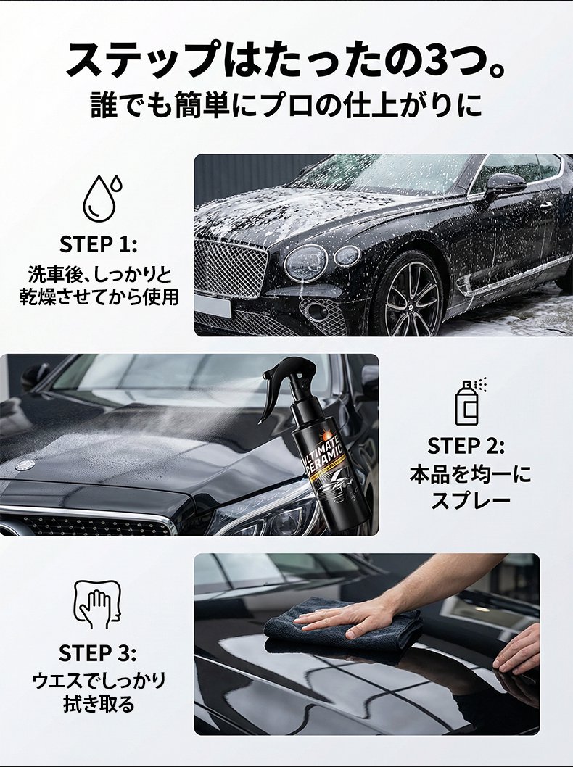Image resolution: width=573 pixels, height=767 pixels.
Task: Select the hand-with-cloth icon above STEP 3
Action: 97,605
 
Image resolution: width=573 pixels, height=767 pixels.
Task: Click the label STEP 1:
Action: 98,244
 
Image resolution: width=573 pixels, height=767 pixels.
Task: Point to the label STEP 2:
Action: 466,446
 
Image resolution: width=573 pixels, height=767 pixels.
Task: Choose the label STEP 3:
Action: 97,653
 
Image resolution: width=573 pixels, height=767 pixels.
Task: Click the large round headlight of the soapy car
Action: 305,263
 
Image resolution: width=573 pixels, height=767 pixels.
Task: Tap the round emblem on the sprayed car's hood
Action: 25,465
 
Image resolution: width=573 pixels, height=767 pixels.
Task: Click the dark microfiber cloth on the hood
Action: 342,627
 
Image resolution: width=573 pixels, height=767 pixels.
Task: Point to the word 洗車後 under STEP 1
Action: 50,275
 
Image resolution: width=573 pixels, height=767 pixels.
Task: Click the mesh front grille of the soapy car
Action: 230,267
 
